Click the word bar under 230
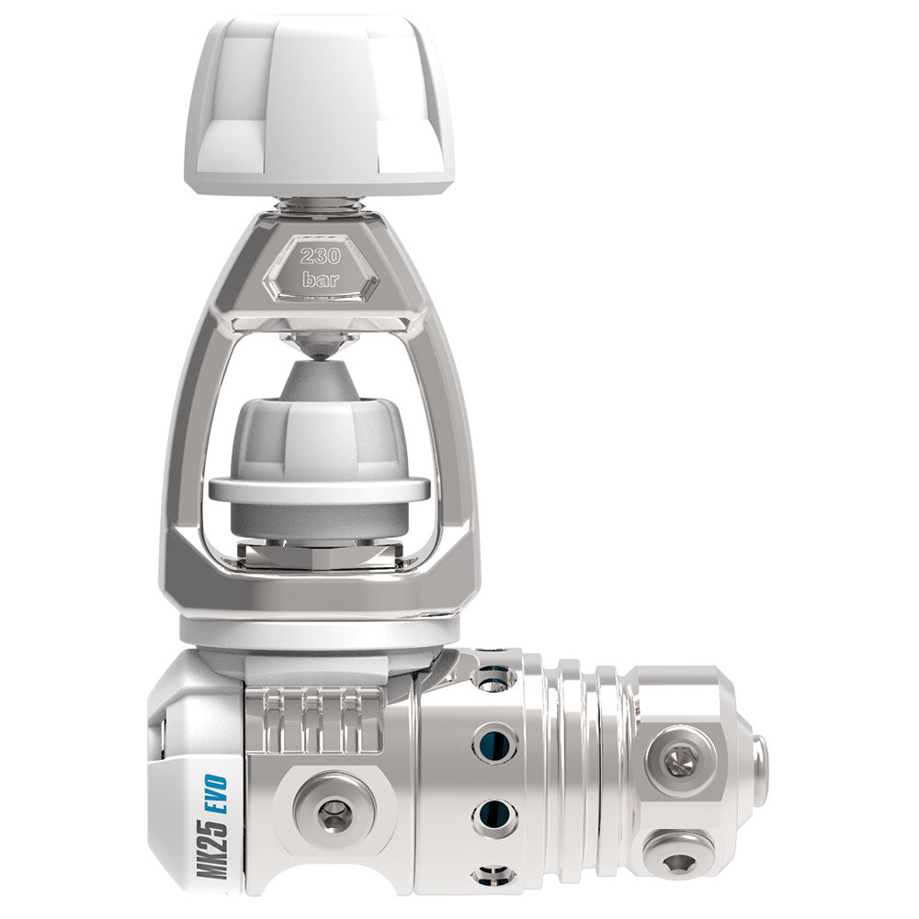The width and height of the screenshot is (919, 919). pos(319,280)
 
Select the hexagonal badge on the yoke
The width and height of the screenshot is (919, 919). pos(319,267)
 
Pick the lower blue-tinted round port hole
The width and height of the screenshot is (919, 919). pos(494,812)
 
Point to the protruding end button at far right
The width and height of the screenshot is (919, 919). pos(759,770)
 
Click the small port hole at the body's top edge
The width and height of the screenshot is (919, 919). pos(494,678)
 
